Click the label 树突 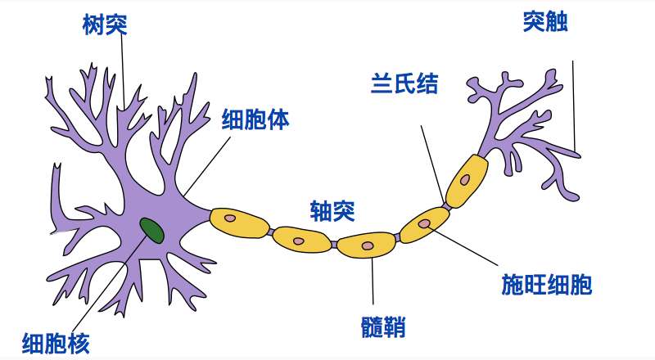point(105,24)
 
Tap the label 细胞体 point(255,120)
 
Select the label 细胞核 point(56,342)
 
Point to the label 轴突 point(332,211)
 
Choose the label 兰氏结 point(404,84)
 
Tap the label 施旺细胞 point(546,285)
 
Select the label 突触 point(545,22)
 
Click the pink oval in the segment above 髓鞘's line point(368,245)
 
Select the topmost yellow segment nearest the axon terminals point(467,180)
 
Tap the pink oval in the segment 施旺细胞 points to point(424,223)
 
